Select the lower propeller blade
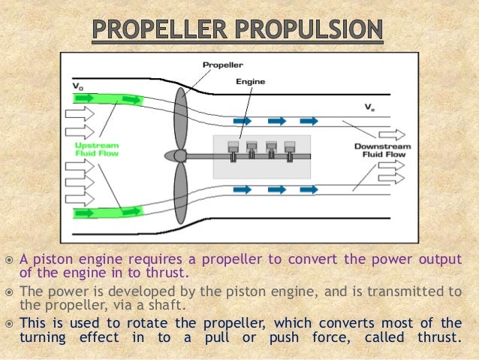pos(180,194)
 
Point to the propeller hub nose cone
pos(172,156)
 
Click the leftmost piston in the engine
pos(233,147)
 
